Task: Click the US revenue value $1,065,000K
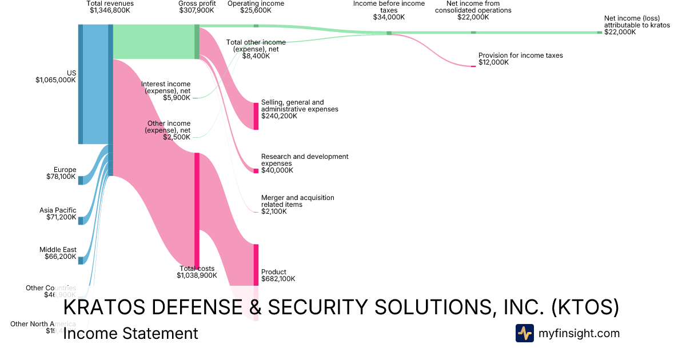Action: tap(55, 81)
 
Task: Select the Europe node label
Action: tap(65, 170)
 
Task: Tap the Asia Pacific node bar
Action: tap(81, 221)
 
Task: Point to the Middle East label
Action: tap(58, 250)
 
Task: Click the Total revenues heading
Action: tap(110, 3)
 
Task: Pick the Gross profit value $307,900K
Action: tap(197, 10)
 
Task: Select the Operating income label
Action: tap(256, 3)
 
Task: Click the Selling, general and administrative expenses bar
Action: tap(256, 116)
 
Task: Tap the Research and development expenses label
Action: tap(305, 160)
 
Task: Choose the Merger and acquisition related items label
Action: tap(298, 201)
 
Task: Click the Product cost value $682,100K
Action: tap(278, 279)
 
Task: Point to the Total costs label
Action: tap(197, 269)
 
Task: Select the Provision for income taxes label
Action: tap(521, 55)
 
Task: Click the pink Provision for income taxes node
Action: tap(473, 66)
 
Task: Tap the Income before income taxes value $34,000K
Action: tap(389, 17)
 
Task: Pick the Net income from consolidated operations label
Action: tap(473, 7)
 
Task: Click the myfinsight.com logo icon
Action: tap(524, 333)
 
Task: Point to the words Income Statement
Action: tap(130, 334)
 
